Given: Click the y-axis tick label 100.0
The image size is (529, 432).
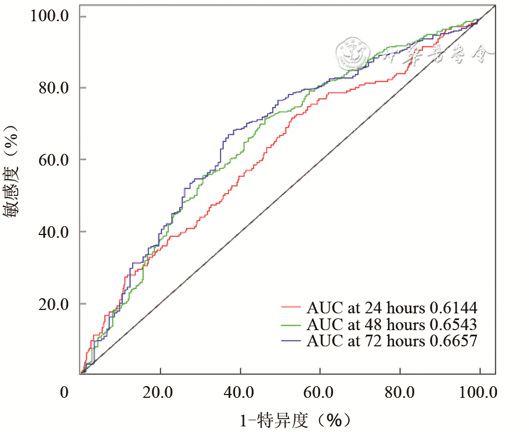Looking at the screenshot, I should point(49,16).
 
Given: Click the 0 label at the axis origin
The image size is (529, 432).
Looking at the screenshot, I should point(65,392).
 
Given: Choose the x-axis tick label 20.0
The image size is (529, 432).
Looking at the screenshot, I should point(160,392).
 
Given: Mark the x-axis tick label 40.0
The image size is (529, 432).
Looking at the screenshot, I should point(240,392).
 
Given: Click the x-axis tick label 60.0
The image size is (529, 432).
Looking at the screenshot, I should point(320,392).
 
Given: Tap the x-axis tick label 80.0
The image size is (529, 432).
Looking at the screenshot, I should point(400,392).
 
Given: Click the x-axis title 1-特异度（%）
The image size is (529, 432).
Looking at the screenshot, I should point(295,420).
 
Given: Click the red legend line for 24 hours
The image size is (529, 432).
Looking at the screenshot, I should point(292,307).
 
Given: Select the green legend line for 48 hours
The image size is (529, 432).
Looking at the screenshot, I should point(292,324).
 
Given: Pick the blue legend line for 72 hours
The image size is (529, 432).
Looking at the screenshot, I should point(292,341).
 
